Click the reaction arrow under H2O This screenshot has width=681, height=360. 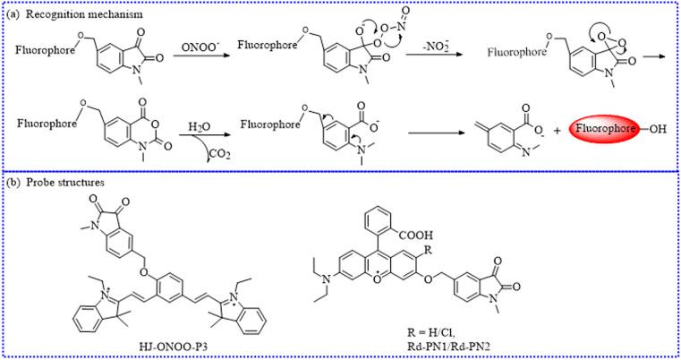pyautogui.click(x=196, y=141)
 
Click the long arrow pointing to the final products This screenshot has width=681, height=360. pyautogui.click(x=438, y=139)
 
